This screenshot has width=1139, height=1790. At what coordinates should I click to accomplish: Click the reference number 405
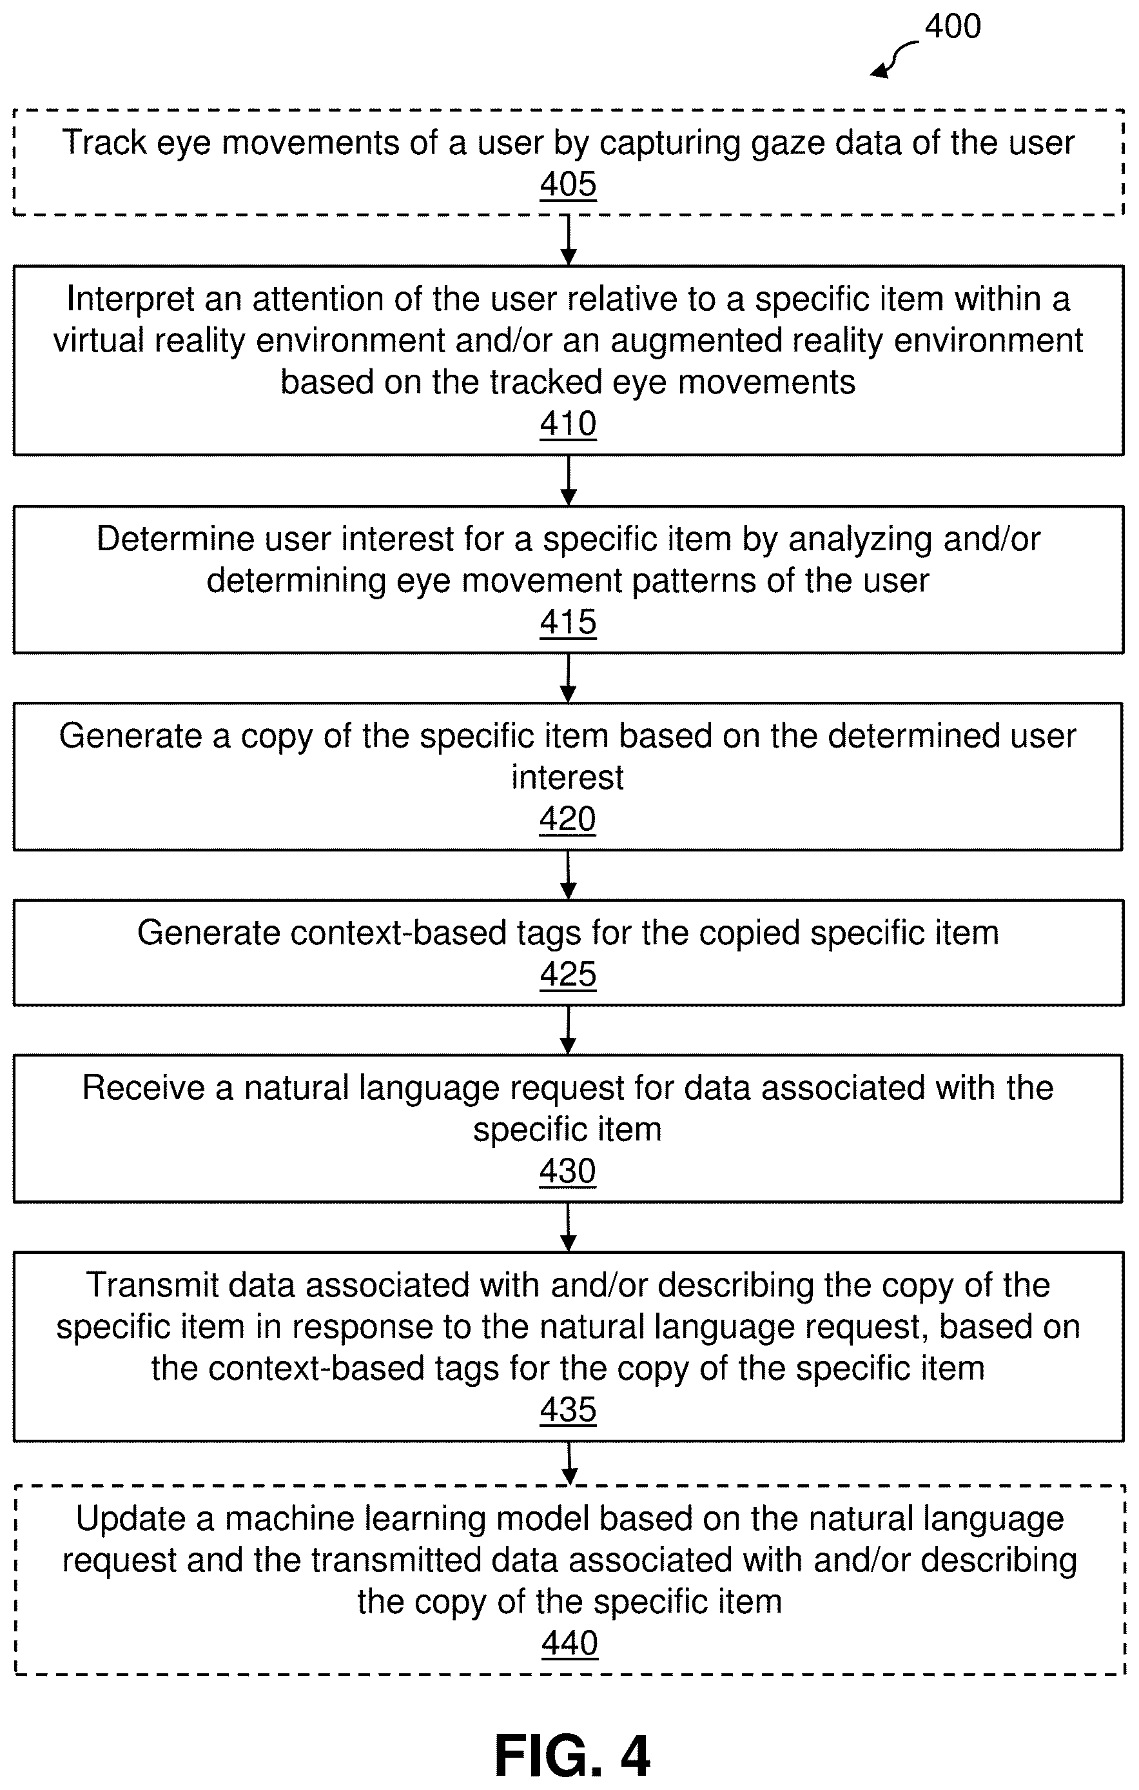pos(569,184)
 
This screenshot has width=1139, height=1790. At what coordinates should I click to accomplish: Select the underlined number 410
pos(569,424)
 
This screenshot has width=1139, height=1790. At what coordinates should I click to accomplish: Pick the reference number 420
pos(568,819)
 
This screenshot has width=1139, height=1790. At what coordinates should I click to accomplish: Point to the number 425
pos(569,975)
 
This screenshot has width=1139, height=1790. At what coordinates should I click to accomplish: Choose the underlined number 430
pos(568,1171)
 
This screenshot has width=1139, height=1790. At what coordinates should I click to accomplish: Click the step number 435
pos(569,1410)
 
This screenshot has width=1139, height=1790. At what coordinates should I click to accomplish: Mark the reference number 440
pos(570,1643)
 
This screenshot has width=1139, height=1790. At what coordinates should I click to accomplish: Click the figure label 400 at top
pos(953,26)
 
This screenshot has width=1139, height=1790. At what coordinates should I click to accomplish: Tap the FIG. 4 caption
pos(572,1756)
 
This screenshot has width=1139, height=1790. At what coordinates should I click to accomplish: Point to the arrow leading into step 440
pos(569,1464)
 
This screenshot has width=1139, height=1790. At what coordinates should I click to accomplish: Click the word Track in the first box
pos(103,143)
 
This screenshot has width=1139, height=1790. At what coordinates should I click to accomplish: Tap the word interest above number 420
pos(568,777)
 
